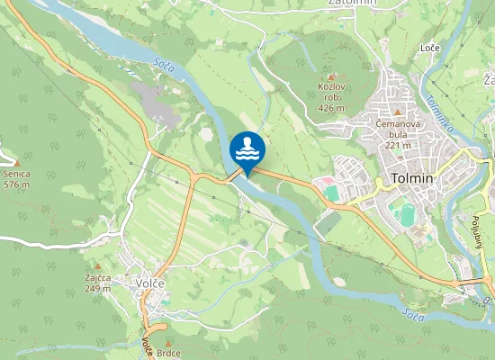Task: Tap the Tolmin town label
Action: point(412,178)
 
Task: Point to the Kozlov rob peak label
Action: point(331,87)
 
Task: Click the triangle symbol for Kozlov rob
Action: point(331,76)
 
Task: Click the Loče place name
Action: point(429,47)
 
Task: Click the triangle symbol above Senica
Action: point(15,161)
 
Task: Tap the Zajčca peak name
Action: point(98,277)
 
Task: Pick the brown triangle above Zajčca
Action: point(97,266)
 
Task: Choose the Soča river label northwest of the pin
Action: point(163,65)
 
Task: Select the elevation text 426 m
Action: point(331,108)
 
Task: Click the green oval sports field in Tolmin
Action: point(407,215)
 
